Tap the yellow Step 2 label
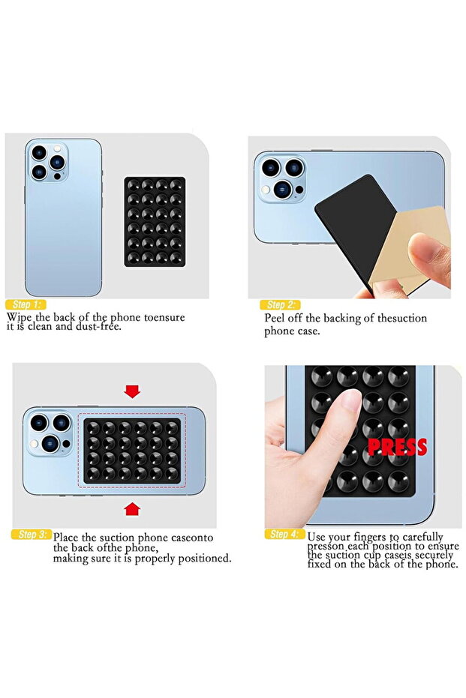tap(280, 305)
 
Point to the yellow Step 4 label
tap(284, 535)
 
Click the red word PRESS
tap(397, 447)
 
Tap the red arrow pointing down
tap(133, 391)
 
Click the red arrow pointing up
tap(133, 509)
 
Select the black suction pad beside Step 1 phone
tap(155, 222)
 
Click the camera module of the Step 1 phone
tap(45, 163)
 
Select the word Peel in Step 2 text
tap(275, 318)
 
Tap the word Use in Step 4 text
tap(317, 537)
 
